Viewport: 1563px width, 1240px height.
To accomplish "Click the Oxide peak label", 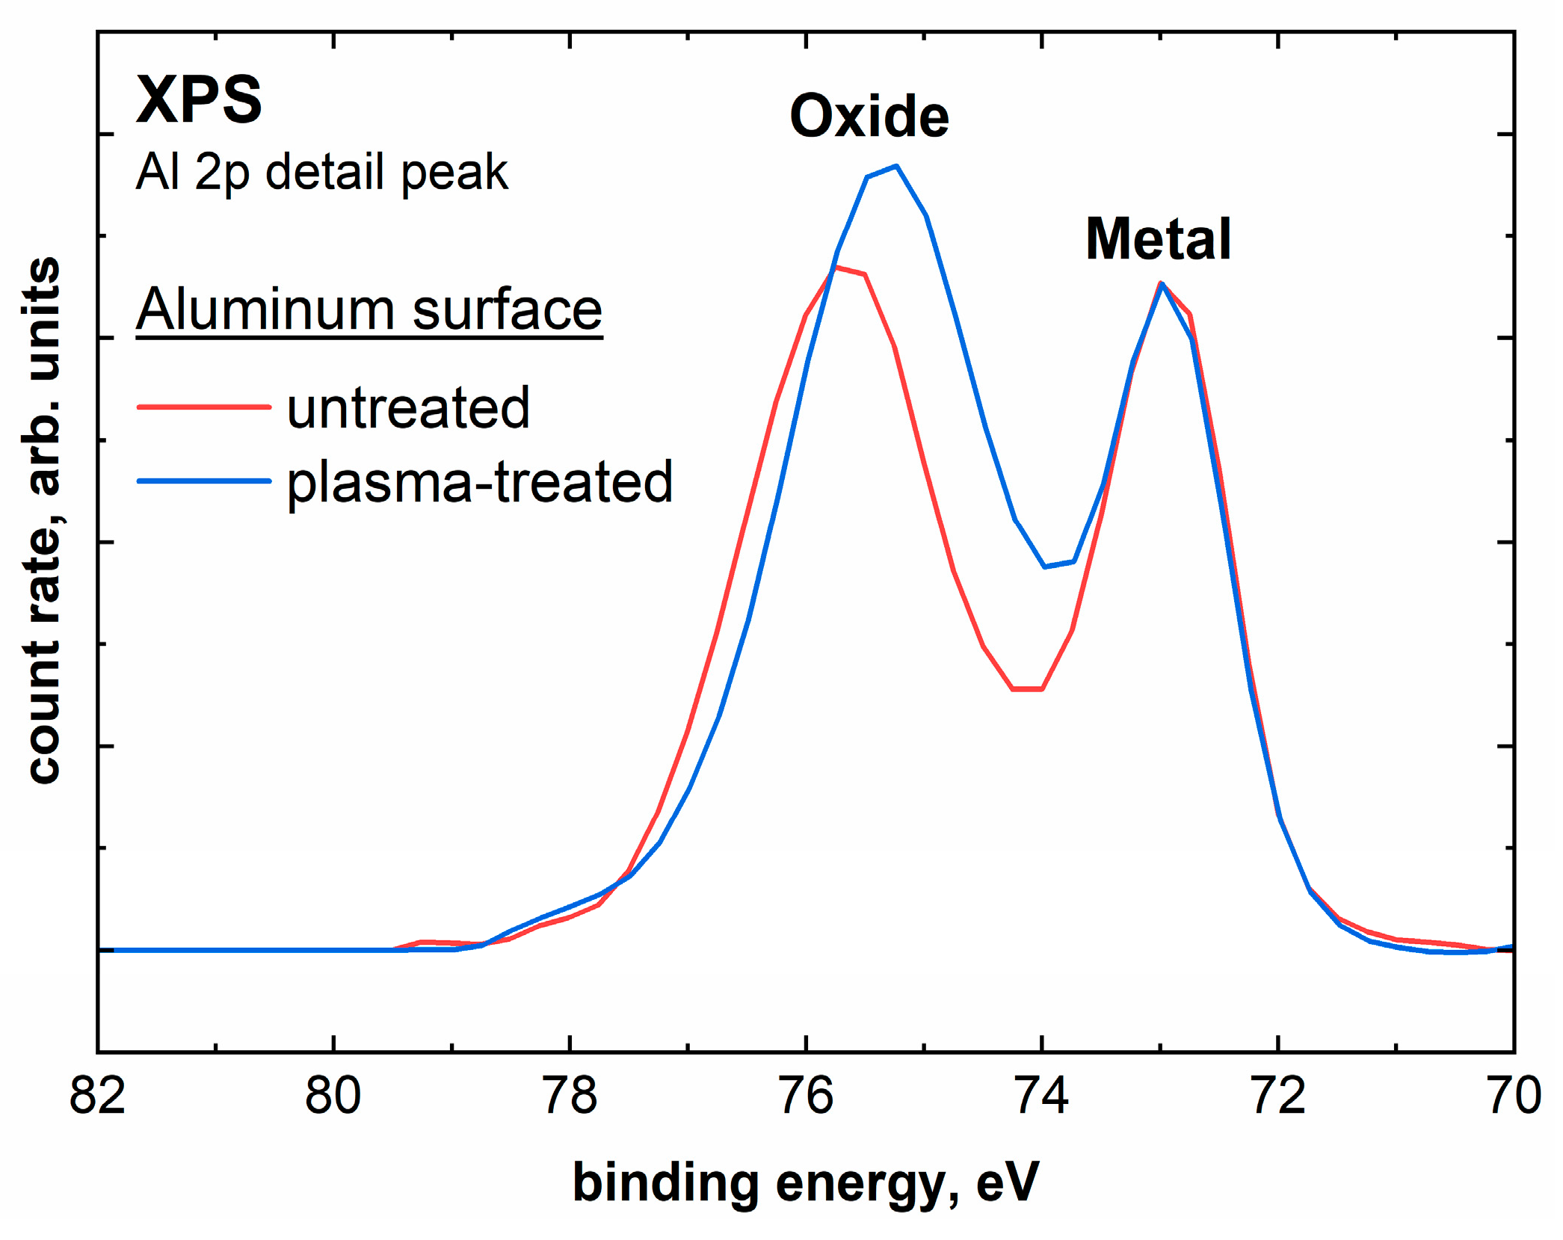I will click(x=869, y=117).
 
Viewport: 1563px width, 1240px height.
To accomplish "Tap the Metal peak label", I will click(x=1157, y=239).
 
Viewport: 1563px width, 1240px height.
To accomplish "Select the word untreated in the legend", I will click(x=408, y=408).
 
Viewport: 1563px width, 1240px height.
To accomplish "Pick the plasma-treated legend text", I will click(x=480, y=482).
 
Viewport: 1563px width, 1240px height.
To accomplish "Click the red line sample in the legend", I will click(x=203, y=407).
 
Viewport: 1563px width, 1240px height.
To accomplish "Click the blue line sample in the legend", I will click(x=203, y=481).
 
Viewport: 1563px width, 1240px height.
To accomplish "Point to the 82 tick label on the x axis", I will click(x=97, y=1096).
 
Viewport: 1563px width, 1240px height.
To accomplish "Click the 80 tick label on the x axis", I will click(x=333, y=1096).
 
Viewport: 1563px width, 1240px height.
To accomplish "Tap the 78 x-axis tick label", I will click(x=570, y=1096).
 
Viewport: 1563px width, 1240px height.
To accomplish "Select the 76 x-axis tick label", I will click(x=806, y=1096).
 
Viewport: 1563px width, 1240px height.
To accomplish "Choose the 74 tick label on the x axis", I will click(x=1042, y=1096).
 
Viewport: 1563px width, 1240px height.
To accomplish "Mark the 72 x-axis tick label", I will click(x=1278, y=1096).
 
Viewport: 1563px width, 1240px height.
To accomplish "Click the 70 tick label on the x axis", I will click(x=1514, y=1096).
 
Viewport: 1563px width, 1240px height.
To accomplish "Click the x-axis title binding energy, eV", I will click(x=806, y=1183).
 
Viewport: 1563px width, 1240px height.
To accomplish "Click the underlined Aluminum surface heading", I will click(x=369, y=309).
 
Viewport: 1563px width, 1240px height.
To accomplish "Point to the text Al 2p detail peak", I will click(x=321, y=172).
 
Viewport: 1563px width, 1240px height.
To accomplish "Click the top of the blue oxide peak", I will click(x=895, y=166).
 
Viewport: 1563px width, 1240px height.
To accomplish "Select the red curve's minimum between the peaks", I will click(x=1027, y=688).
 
